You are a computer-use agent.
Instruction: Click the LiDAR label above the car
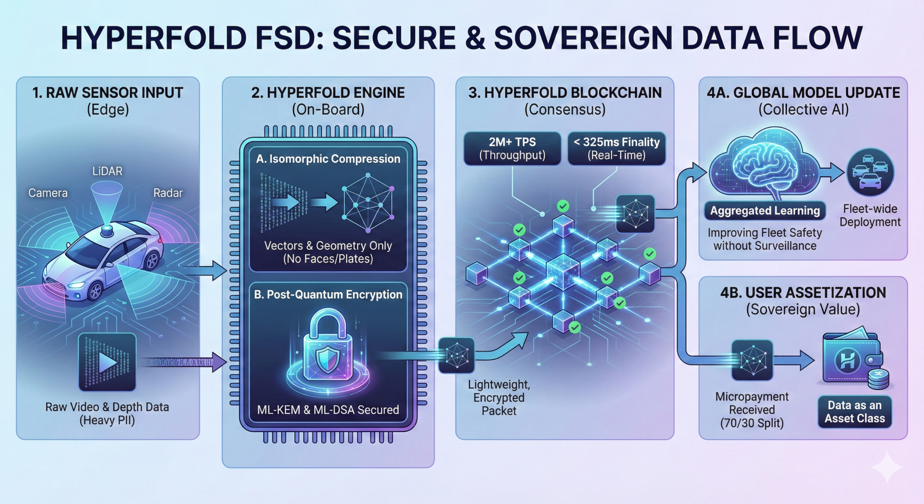pyautogui.click(x=107, y=171)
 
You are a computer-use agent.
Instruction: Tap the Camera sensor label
pyautogui.click(x=48, y=193)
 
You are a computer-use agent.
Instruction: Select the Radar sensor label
pyautogui.click(x=168, y=193)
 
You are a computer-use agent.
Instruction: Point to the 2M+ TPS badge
pyautogui.click(x=512, y=148)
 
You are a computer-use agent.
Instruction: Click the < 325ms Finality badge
pyautogui.click(x=616, y=148)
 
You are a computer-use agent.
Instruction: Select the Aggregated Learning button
pyautogui.click(x=765, y=211)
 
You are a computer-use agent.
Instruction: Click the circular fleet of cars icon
pyautogui.click(x=870, y=173)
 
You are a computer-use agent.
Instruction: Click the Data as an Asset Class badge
pyautogui.click(x=854, y=412)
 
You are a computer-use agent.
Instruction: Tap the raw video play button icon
pyautogui.click(x=107, y=362)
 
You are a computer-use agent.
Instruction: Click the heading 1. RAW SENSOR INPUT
pyautogui.click(x=108, y=93)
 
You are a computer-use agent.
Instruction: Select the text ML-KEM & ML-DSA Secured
pyautogui.click(x=328, y=410)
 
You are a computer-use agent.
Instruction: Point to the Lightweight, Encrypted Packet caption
pyautogui.click(x=499, y=397)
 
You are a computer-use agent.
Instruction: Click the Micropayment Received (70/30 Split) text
pyautogui.click(x=752, y=410)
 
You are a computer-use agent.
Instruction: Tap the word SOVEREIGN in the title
pyautogui.click(x=583, y=38)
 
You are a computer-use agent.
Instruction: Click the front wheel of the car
pyautogui.click(x=95, y=291)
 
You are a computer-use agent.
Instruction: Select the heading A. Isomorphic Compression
pyautogui.click(x=328, y=159)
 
